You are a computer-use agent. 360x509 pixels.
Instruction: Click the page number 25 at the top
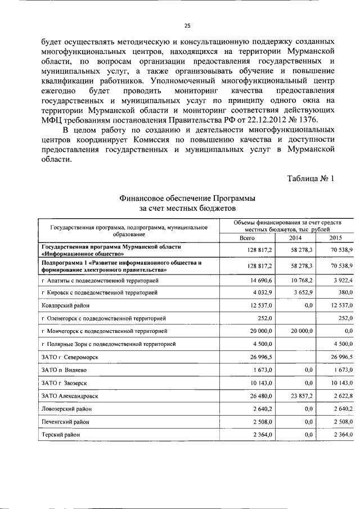click(x=188, y=25)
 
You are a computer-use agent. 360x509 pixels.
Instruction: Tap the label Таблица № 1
click(x=310, y=179)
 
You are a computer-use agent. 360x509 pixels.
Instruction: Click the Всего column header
click(x=247, y=238)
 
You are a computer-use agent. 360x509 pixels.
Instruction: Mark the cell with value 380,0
click(x=344, y=292)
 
